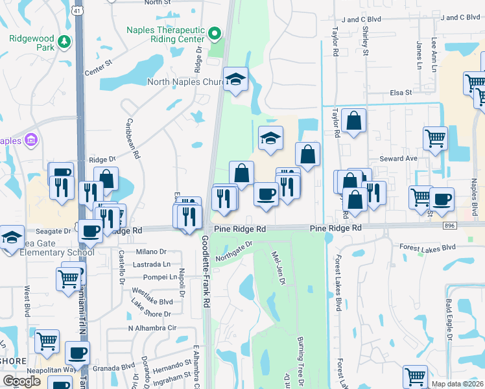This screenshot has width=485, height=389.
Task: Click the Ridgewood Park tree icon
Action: (x=64, y=42)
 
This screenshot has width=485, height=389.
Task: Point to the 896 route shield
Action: (x=449, y=225)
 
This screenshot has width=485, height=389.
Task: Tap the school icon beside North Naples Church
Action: (x=236, y=79)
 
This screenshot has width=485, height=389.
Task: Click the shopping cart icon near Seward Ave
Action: (x=435, y=137)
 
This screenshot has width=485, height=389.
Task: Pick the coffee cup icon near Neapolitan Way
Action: (x=77, y=353)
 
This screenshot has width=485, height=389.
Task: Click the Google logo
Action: (x=21, y=381)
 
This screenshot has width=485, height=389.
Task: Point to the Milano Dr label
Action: (x=151, y=252)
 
